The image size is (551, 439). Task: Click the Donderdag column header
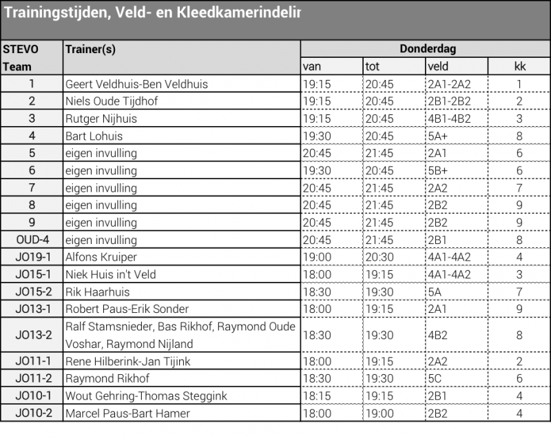pos(427,49)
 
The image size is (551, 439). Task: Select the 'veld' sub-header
pos(438,67)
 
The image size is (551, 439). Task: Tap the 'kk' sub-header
pos(519,67)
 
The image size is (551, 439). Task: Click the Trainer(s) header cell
pos(90,50)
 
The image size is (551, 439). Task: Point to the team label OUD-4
pos(32,239)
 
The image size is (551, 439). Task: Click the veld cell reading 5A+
pos(438,136)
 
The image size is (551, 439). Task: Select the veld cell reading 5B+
pos(438,170)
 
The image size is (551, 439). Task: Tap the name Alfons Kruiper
pos(101,256)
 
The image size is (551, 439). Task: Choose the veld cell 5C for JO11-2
pos(435,378)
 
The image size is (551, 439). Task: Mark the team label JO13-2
pos(32,335)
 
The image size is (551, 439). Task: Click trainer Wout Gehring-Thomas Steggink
pos(146,396)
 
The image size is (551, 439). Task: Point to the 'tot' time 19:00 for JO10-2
pos(380,414)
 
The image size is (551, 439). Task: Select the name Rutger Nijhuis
pos(101,119)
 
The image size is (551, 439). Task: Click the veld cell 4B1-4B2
pos(449,119)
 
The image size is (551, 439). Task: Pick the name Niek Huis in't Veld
pos(111,274)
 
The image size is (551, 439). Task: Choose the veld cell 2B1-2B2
pos(449,101)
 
